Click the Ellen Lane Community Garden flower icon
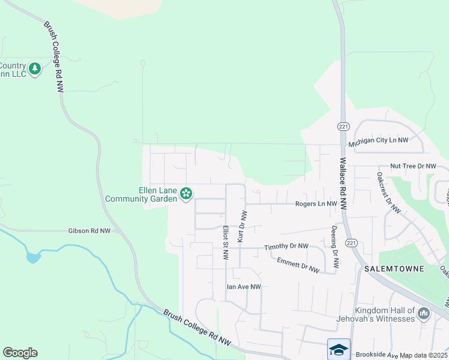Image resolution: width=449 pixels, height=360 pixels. [186, 193]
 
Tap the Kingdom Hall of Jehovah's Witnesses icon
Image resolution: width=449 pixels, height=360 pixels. [424, 313]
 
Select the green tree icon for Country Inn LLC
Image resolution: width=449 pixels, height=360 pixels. [35, 68]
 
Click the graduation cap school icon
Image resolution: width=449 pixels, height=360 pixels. [339, 349]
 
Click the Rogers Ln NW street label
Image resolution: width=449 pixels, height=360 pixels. [316, 204]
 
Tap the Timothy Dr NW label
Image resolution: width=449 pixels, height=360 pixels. [286, 247]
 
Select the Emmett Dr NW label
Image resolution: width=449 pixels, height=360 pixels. [298, 265]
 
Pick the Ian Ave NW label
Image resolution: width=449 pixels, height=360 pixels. [243, 287]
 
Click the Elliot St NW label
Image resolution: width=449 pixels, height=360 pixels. [226, 242]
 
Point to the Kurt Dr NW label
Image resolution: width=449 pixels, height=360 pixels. [242, 226]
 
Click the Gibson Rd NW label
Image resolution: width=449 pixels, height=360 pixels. [89, 230]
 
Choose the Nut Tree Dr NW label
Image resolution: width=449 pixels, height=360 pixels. [412, 166]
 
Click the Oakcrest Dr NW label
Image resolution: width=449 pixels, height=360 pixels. [388, 193]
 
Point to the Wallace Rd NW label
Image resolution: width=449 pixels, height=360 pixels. [343, 183]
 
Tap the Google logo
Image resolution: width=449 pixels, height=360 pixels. [20, 353]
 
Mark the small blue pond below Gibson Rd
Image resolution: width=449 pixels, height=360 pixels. [33, 258]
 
